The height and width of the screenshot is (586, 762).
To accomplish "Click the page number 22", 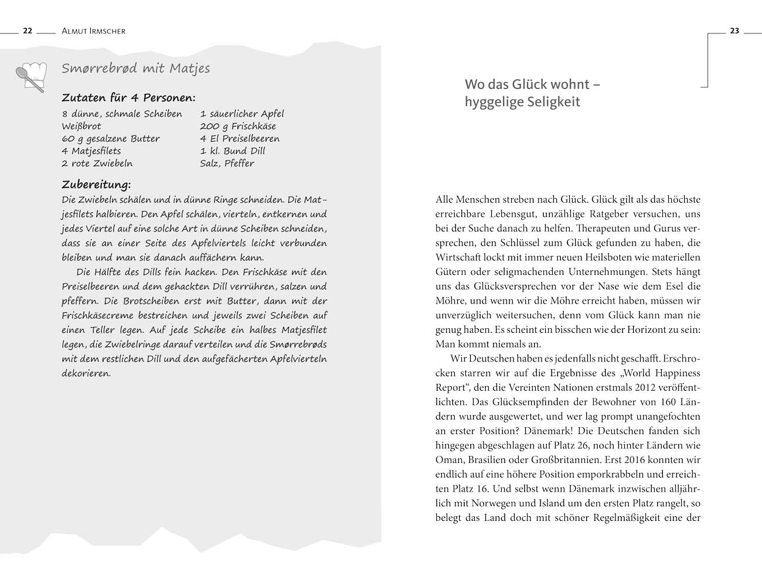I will pyautogui.click(x=27, y=31).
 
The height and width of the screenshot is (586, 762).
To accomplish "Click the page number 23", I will pyautogui.click(x=734, y=31).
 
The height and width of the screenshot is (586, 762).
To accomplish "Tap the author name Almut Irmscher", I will pyautogui.click(x=93, y=31).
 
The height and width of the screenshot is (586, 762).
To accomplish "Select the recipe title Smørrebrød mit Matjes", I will pyautogui.click(x=135, y=69).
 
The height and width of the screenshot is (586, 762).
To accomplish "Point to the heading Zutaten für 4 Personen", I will pyautogui.click(x=128, y=98).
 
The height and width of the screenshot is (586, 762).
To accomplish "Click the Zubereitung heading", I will pyautogui.click(x=96, y=185).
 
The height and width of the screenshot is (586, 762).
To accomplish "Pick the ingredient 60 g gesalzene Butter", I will pyautogui.click(x=111, y=139).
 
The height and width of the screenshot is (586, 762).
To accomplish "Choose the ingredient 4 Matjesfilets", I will pyautogui.click(x=91, y=151).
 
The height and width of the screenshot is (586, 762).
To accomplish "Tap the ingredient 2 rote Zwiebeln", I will pyautogui.click(x=97, y=163).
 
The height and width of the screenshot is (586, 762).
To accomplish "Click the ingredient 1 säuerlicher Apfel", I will pyautogui.click(x=241, y=114).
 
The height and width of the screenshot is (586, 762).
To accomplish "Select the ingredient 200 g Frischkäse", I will pyautogui.click(x=237, y=126).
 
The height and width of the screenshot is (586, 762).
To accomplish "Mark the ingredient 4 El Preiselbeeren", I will pyautogui.click(x=240, y=139).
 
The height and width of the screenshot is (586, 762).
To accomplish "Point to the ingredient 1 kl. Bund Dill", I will pyautogui.click(x=233, y=151).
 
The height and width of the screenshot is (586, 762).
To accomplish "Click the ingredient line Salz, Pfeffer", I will pyautogui.click(x=227, y=163).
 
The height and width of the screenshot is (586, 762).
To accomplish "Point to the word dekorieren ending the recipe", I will pyautogui.click(x=86, y=373).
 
